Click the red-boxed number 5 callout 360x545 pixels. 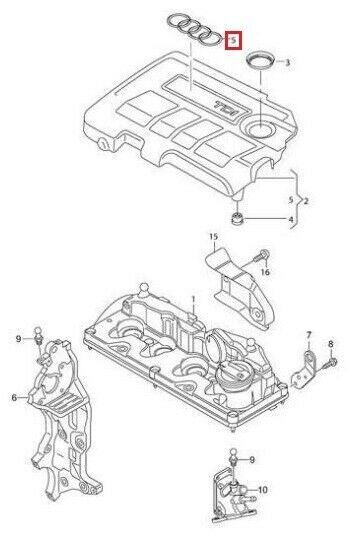234,41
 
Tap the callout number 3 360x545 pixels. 287,63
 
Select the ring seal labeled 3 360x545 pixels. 261,62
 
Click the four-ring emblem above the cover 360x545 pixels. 194,30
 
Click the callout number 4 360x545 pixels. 291,220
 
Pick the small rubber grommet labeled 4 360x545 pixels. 237,219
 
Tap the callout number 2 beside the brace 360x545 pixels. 306,201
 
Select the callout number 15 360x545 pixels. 213,237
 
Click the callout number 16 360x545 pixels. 265,271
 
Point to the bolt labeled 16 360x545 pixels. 261,256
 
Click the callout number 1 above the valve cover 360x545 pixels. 193,299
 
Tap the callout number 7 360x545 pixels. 309,335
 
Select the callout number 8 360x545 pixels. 330,344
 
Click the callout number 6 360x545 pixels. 14,397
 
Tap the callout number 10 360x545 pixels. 263,490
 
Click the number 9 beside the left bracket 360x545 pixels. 18,339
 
